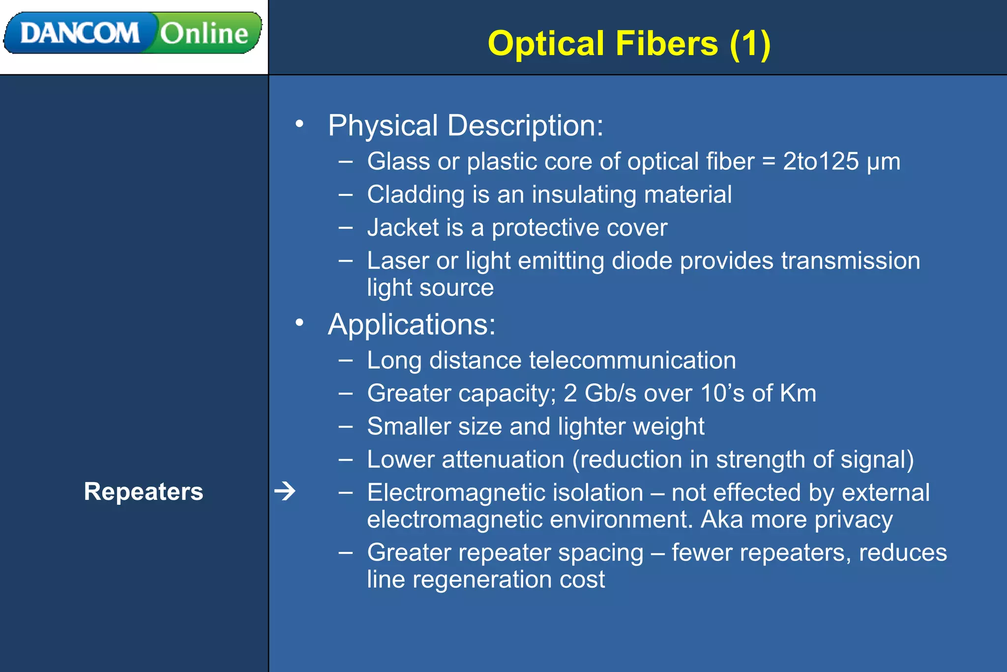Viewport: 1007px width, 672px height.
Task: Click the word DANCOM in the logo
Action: tap(80, 33)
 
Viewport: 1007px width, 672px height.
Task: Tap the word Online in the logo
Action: tap(204, 33)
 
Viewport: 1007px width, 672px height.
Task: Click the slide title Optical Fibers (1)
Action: tap(629, 43)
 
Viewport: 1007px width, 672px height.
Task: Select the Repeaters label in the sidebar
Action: tap(143, 491)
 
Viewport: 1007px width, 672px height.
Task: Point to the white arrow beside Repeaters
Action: tap(285, 491)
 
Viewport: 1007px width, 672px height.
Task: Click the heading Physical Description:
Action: tap(465, 125)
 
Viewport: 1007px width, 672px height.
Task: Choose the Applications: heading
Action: tap(412, 325)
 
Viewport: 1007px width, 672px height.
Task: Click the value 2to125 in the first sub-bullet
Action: tap(821, 161)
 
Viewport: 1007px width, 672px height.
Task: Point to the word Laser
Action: tap(398, 261)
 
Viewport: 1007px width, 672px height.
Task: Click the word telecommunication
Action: tap(632, 360)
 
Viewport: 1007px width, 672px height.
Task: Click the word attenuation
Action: tap(503, 459)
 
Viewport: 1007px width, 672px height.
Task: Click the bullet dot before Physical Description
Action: tap(299, 124)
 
